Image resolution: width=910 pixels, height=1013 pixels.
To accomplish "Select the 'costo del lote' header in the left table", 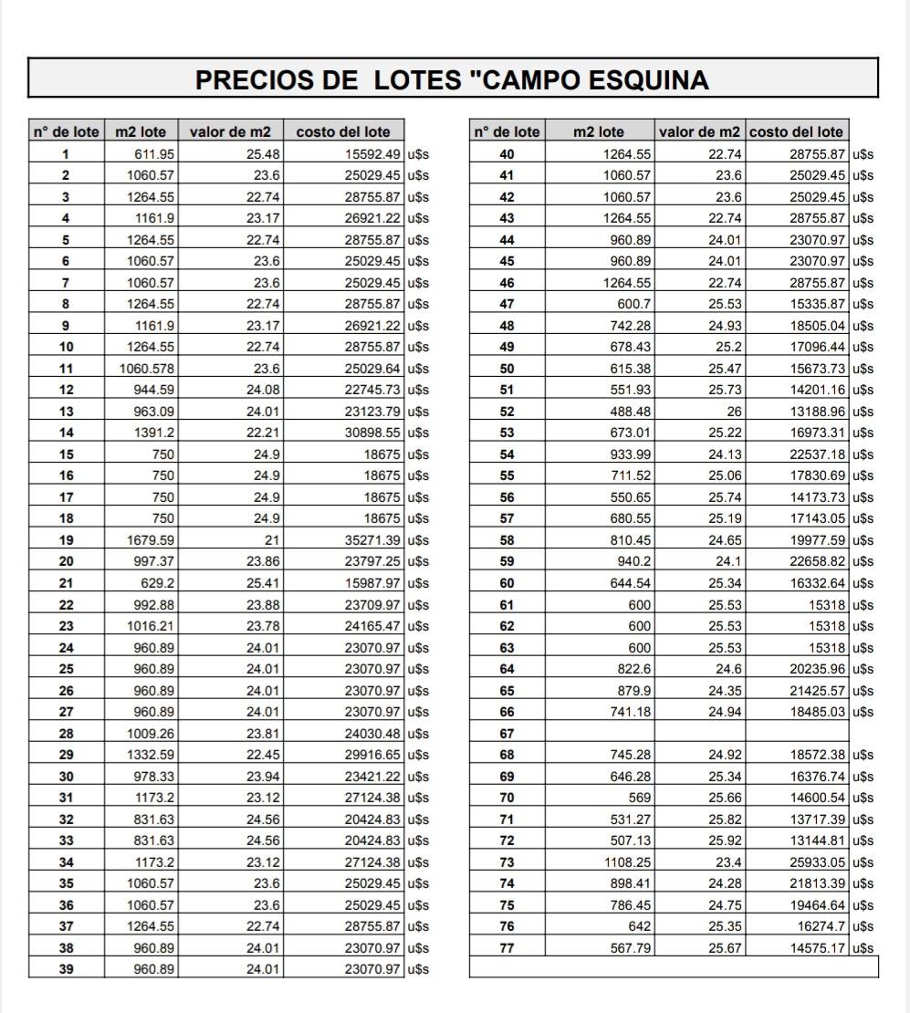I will click(x=342, y=132).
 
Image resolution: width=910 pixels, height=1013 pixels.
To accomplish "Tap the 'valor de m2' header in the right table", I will click(x=699, y=132).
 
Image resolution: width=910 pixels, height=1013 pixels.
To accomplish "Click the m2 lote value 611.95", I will click(x=155, y=153).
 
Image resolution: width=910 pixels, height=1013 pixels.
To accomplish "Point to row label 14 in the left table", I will click(x=66, y=433).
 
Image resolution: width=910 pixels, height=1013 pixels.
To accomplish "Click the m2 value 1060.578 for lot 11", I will click(x=147, y=369).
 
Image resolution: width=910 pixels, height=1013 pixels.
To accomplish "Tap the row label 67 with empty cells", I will click(x=507, y=734).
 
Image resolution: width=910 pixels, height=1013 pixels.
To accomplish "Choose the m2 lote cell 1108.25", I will click(x=628, y=862).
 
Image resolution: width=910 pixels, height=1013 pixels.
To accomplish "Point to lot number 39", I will click(x=66, y=969).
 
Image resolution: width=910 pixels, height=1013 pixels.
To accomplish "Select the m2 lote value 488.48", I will click(x=631, y=412).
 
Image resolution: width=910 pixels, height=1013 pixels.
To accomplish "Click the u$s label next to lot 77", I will click(x=863, y=948).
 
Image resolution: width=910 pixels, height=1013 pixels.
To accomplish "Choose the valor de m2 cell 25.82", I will click(x=724, y=820).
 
